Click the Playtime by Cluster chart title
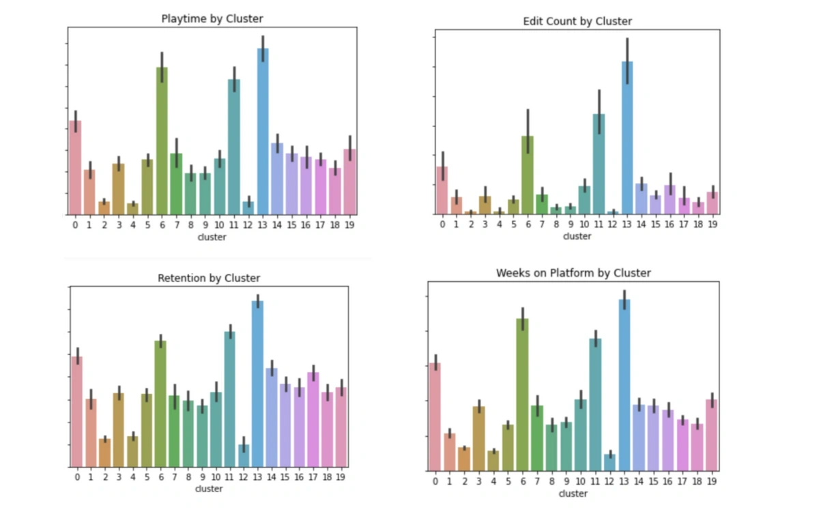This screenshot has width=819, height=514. click(212, 19)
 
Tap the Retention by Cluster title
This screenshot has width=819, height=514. click(209, 278)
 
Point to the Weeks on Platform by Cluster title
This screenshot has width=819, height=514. click(573, 273)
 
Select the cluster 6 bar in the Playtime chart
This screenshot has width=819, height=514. click(162, 141)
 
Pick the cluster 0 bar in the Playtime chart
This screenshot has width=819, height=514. click(75, 167)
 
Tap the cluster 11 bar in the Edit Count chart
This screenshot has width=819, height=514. click(599, 164)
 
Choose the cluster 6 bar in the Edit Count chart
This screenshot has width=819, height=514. click(528, 175)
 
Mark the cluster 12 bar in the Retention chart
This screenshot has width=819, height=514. click(244, 455)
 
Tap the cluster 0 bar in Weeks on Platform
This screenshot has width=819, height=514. click(435, 416)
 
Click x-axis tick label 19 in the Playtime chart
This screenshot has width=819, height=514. click(349, 223)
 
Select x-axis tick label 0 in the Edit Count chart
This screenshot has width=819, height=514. click(442, 223)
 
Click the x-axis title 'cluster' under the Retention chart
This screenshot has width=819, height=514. click(209, 489)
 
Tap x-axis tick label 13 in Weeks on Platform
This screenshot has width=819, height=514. click(624, 481)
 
